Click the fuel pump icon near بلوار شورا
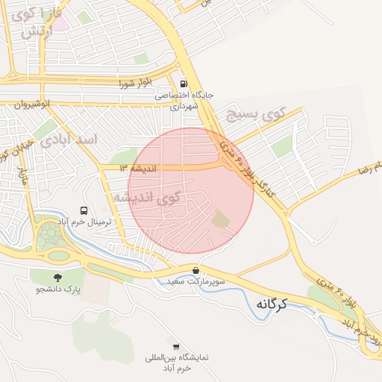click(184, 84)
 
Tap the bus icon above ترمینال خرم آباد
click(84, 211)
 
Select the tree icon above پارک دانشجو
click(57, 276)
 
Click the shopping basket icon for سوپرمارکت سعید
click(195, 270)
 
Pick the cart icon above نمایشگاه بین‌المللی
click(176, 347)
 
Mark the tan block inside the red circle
click(221, 219)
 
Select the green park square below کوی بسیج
click(282, 147)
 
